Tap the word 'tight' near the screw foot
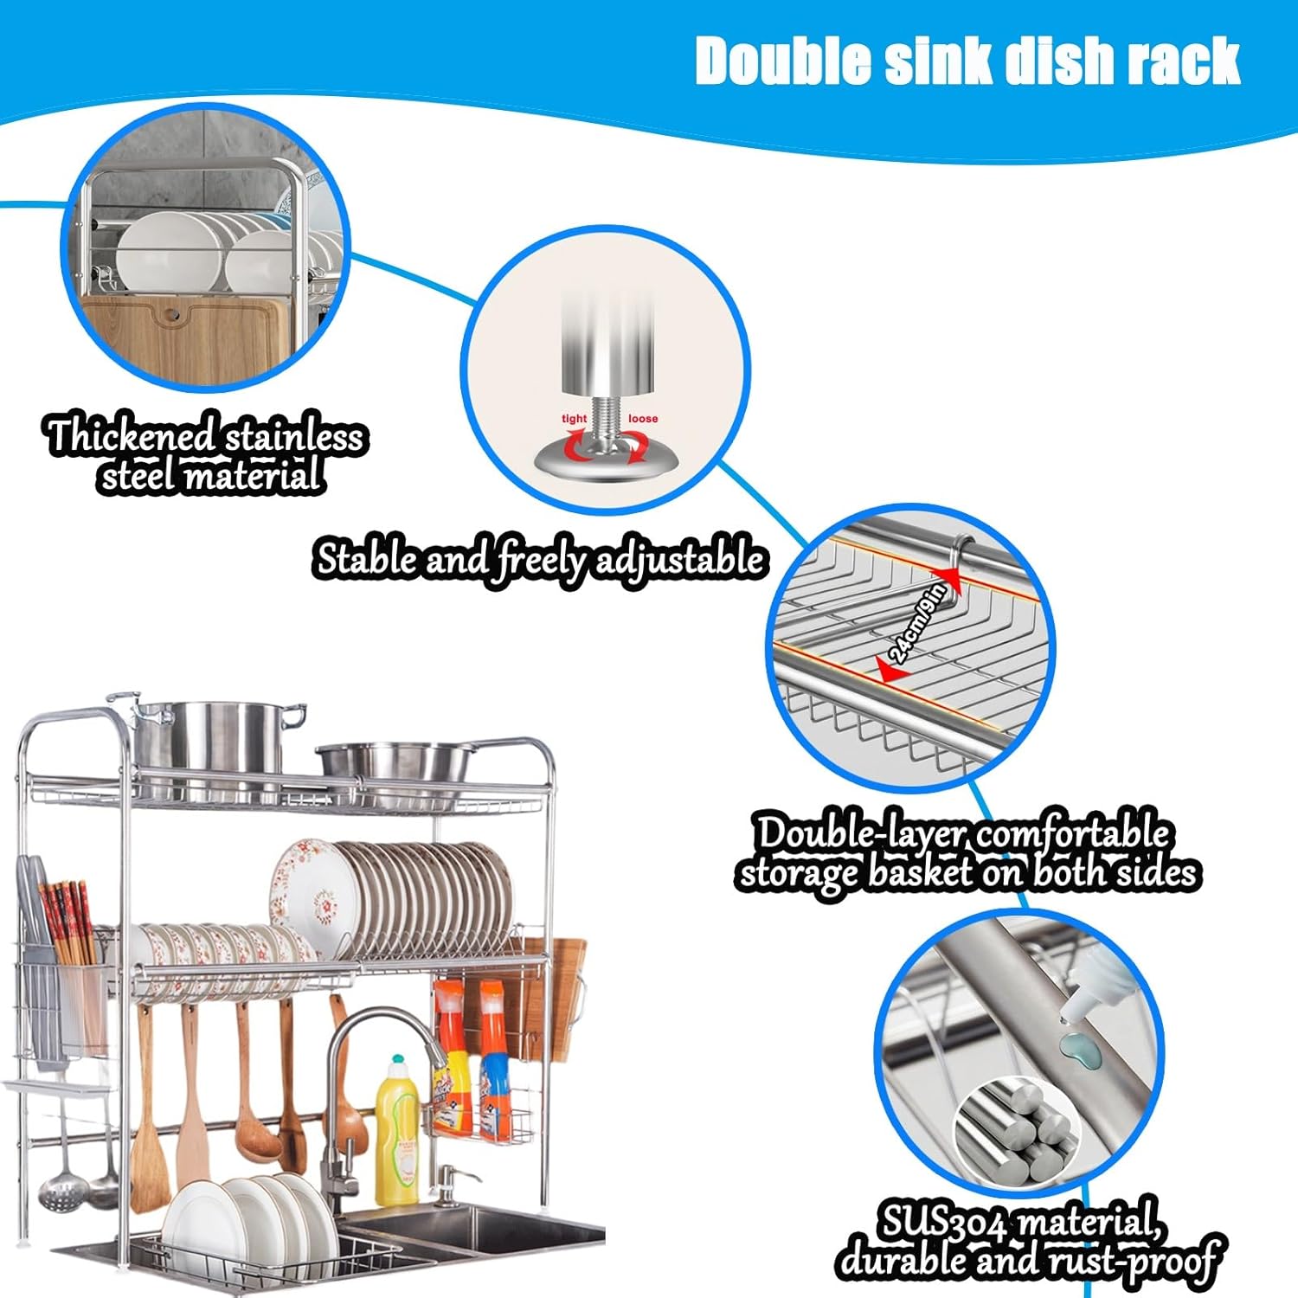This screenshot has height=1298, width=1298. click(x=574, y=419)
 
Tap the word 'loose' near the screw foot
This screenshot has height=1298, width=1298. click(x=643, y=419)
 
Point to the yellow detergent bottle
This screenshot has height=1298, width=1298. click(x=397, y=1134)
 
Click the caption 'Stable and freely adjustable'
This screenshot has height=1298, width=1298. click(x=539, y=559)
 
